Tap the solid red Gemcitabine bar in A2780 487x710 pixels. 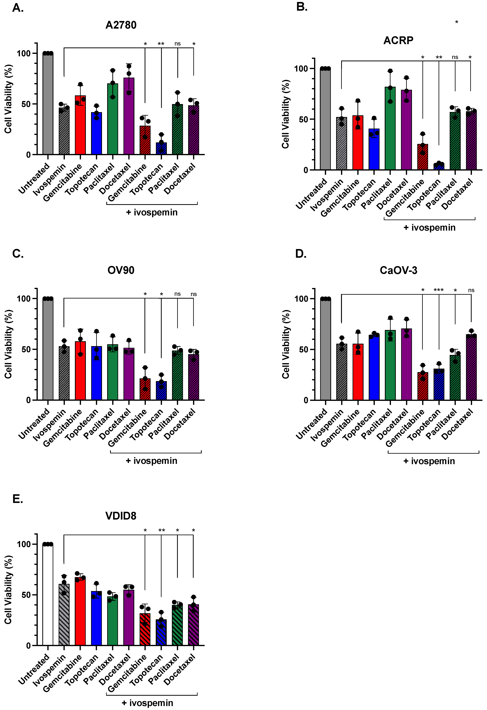80,125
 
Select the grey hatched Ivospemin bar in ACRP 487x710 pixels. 341,144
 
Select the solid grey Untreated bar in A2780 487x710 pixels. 48,104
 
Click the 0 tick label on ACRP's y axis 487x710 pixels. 306,170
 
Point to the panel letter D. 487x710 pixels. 301,254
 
